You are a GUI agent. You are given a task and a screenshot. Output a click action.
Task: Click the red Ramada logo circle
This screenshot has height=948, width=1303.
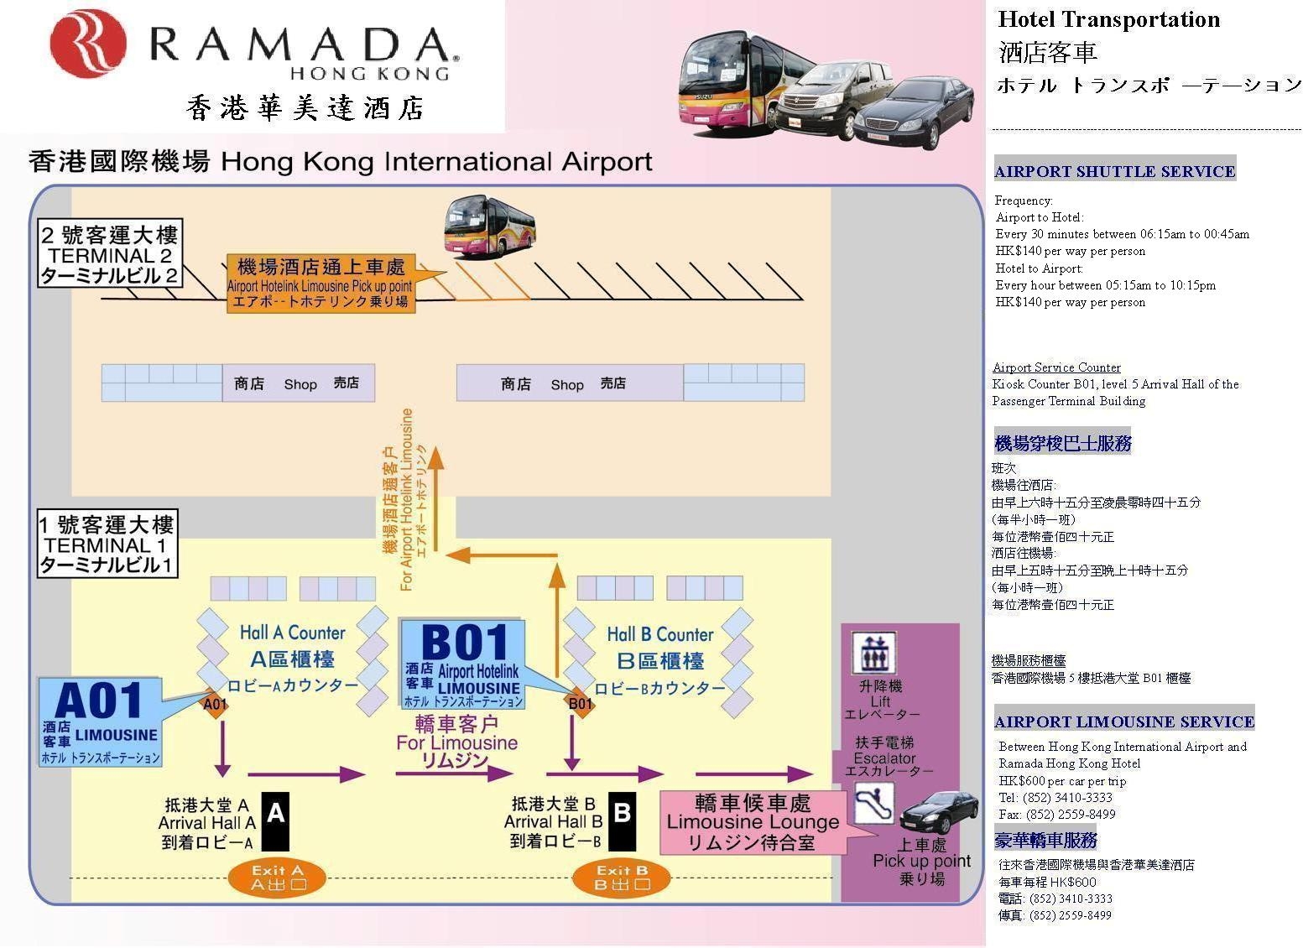click(x=88, y=43)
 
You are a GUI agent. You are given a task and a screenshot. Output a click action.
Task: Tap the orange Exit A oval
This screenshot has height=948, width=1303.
click(x=277, y=878)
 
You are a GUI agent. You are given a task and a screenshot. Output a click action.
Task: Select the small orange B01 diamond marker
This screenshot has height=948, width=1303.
click(x=580, y=703)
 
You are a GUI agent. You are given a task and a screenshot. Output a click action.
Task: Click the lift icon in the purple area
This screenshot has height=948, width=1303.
click(x=873, y=654)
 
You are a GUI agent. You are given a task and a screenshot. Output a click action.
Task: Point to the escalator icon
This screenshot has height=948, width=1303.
click(x=874, y=803)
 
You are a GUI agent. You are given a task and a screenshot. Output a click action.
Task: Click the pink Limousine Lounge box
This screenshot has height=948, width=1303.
click(x=753, y=822)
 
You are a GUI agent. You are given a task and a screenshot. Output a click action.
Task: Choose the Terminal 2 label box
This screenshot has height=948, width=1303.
click(x=110, y=253)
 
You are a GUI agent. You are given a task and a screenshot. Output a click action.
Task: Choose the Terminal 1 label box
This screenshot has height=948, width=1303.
click(x=107, y=544)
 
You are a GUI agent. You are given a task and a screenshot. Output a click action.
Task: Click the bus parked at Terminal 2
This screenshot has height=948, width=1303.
click(x=489, y=227)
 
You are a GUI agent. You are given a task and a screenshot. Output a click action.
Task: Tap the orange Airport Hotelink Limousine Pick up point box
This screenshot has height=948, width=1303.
click(x=321, y=284)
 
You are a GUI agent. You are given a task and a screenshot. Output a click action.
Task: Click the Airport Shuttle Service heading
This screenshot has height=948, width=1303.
click(x=1114, y=172)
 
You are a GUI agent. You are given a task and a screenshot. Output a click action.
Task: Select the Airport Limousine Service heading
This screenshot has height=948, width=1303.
click(x=1123, y=721)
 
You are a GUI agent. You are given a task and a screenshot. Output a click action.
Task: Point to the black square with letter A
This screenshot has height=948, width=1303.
click(x=275, y=822)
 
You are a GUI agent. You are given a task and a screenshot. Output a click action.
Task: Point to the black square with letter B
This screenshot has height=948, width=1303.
click(x=622, y=821)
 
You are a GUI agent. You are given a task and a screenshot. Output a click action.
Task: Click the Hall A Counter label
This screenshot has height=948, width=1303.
click(x=293, y=633)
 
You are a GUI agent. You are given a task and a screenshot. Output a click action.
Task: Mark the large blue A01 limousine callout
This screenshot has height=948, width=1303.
click(x=100, y=721)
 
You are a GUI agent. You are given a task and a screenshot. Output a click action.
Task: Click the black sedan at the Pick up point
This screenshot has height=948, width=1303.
click(x=939, y=812)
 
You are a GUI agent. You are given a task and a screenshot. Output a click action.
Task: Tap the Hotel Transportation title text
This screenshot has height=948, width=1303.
click(x=1108, y=19)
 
